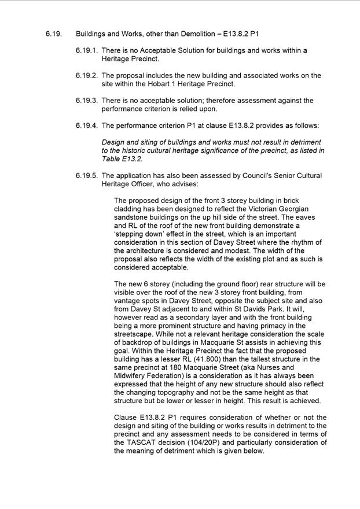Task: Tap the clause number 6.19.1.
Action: [x=86, y=50]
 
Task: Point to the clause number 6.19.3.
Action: [x=86, y=101]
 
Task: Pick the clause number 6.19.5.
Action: [x=86, y=175]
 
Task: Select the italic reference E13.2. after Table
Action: [x=133, y=159]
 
